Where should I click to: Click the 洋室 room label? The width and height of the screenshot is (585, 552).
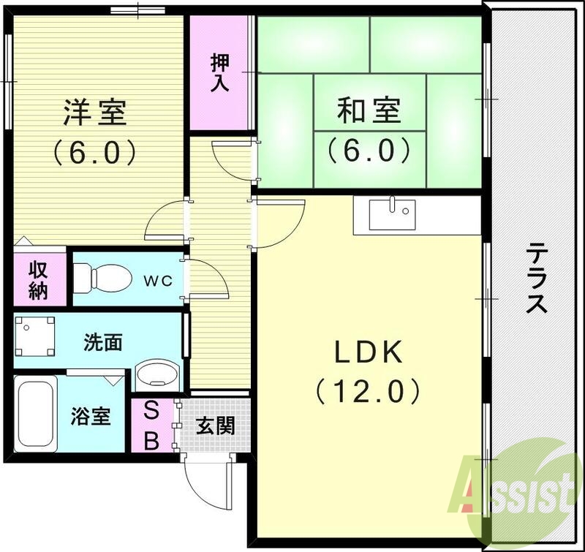95,113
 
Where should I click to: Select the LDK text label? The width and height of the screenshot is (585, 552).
369,354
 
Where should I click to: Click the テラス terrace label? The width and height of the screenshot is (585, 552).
537,278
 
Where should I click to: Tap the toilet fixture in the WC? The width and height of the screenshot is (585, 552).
102,277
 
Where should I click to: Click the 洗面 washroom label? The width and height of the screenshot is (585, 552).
102,341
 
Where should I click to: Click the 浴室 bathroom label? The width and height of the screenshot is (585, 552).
91,417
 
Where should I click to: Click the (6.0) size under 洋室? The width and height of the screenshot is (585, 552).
95,152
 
